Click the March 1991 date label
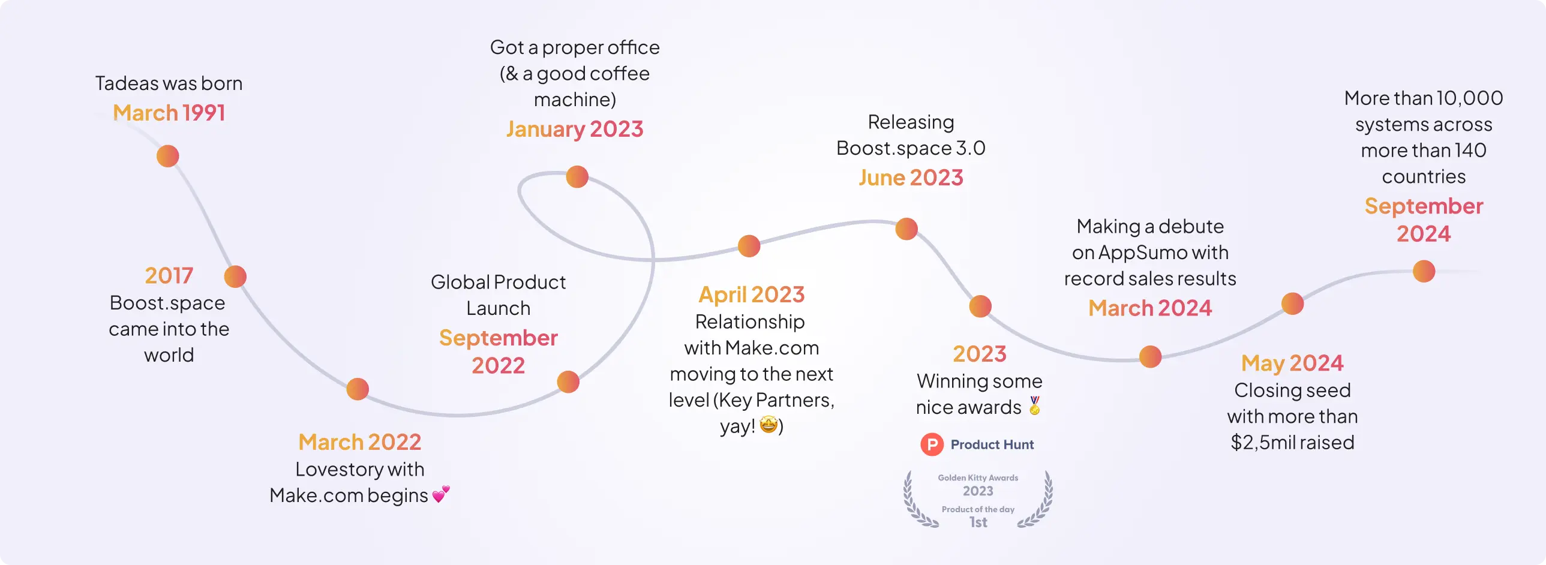click(x=169, y=113)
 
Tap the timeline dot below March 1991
click(x=168, y=156)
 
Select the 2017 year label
click(x=169, y=275)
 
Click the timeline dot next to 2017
click(x=235, y=277)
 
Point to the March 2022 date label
click(x=359, y=442)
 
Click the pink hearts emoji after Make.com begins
click(x=441, y=494)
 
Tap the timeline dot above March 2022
click(x=358, y=389)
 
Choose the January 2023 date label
click(x=574, y=129)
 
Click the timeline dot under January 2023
click(x=577, y=177)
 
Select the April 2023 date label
click(x=751, y=294)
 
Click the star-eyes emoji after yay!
click(x=769, y=425)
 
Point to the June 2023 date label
click(x=911, y=178)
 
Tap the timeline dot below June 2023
click(x=907, y=229)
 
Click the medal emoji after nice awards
click(x=1035, y=405)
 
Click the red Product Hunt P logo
click(x=932, y=444)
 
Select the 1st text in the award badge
click(x=978, y=522)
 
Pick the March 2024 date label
click(x=1150, y=308)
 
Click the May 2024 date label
click(x=1292, y=363)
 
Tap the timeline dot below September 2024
click(x=1424, y=271)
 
